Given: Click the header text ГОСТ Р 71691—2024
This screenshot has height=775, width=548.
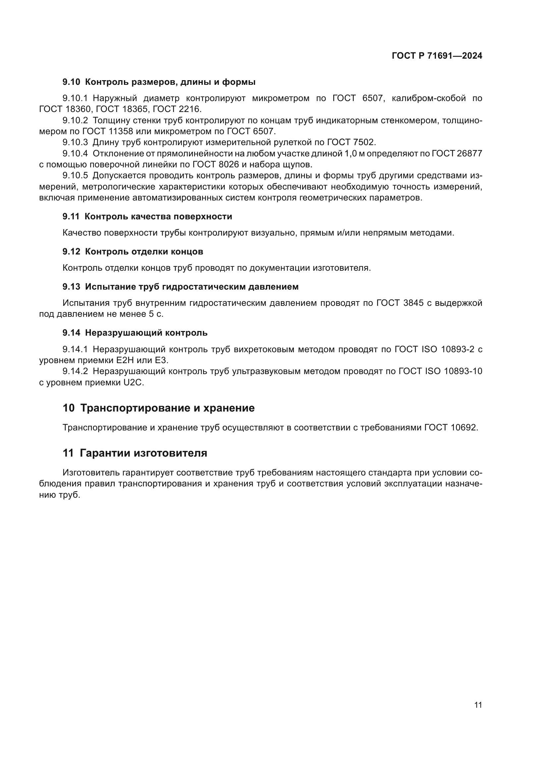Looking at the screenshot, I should (x=437, y=56).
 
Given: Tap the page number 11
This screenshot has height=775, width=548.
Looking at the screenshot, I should (x=478, y=705).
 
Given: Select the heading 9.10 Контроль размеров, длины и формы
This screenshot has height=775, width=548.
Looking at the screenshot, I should (x=159, y=82).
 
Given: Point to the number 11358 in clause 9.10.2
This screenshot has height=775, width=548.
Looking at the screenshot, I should (x=120, y=131).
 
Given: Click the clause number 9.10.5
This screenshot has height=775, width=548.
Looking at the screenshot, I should (x=75, y=176).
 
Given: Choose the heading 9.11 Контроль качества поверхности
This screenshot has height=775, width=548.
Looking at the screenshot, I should (x=147, y=216).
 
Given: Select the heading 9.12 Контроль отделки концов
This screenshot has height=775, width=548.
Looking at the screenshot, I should (x=133, y=251).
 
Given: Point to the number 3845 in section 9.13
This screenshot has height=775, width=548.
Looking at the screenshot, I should (x=413, y=303).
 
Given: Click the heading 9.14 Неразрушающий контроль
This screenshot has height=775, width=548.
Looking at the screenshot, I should (x=135, y=333).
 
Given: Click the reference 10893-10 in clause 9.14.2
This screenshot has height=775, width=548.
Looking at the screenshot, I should (x=463, y=371).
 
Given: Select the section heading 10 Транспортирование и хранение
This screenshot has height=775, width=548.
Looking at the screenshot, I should (x=158, y=408).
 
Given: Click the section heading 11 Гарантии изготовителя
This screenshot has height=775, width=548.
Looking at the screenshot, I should (x=135, y=453).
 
